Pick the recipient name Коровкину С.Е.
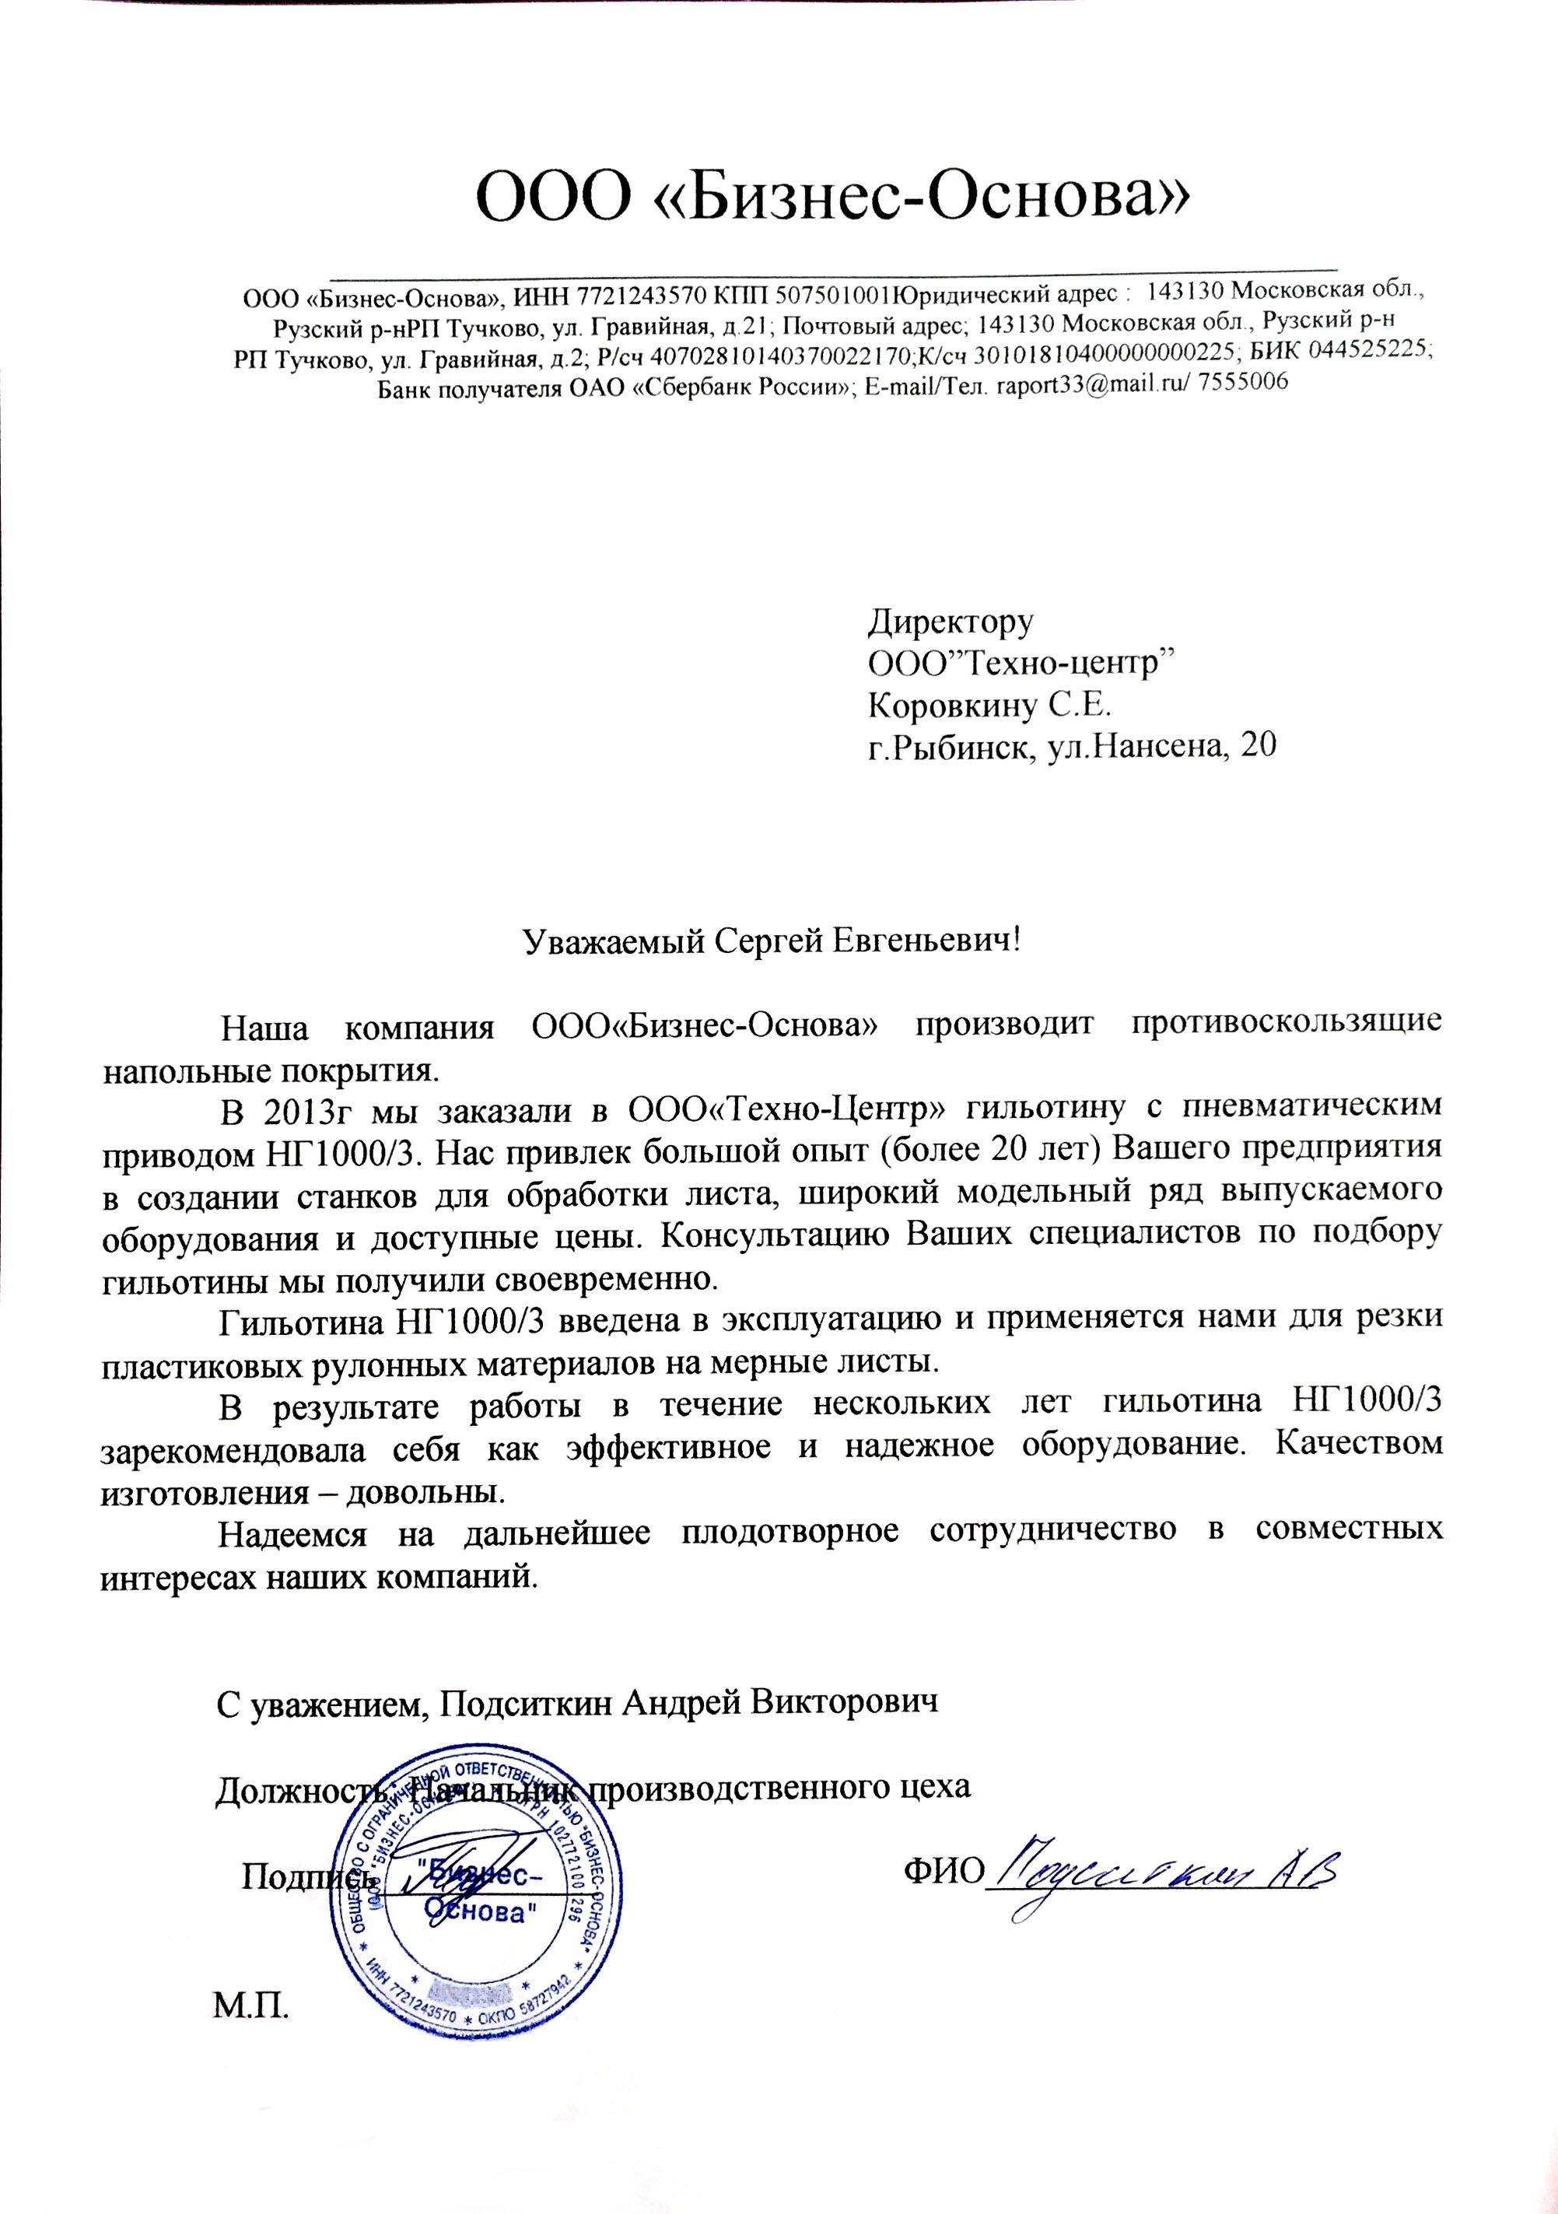pos(990,705)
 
